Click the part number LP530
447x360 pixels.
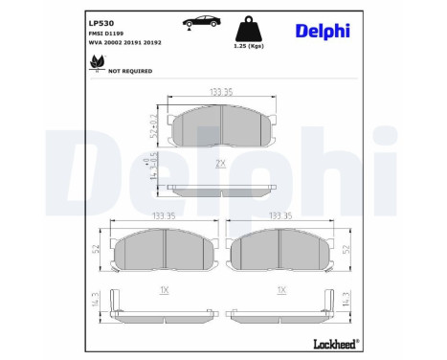[x=101, y=20]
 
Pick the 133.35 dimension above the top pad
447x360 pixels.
[x=221, y=92]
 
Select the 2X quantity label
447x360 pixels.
[x=219, y=163]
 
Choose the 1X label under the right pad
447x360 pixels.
[x=281, y=289]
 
